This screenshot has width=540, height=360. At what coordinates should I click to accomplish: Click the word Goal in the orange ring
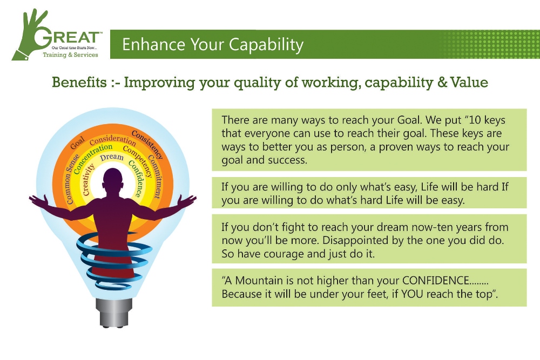click(77, 143)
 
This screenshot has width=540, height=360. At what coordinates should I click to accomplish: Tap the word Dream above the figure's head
click(112, 158)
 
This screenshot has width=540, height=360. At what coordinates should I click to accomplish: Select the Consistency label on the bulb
click(147, 144)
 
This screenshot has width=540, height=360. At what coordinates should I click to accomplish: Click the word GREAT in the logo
click(67, 37)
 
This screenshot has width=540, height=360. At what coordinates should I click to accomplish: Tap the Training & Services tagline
click(70, 55)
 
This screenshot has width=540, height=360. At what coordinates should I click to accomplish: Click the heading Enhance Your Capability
click(213, 45)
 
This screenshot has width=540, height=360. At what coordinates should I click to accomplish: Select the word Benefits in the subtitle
click(79, 82)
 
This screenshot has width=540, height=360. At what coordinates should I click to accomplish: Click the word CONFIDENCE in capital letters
click(435, 281)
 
